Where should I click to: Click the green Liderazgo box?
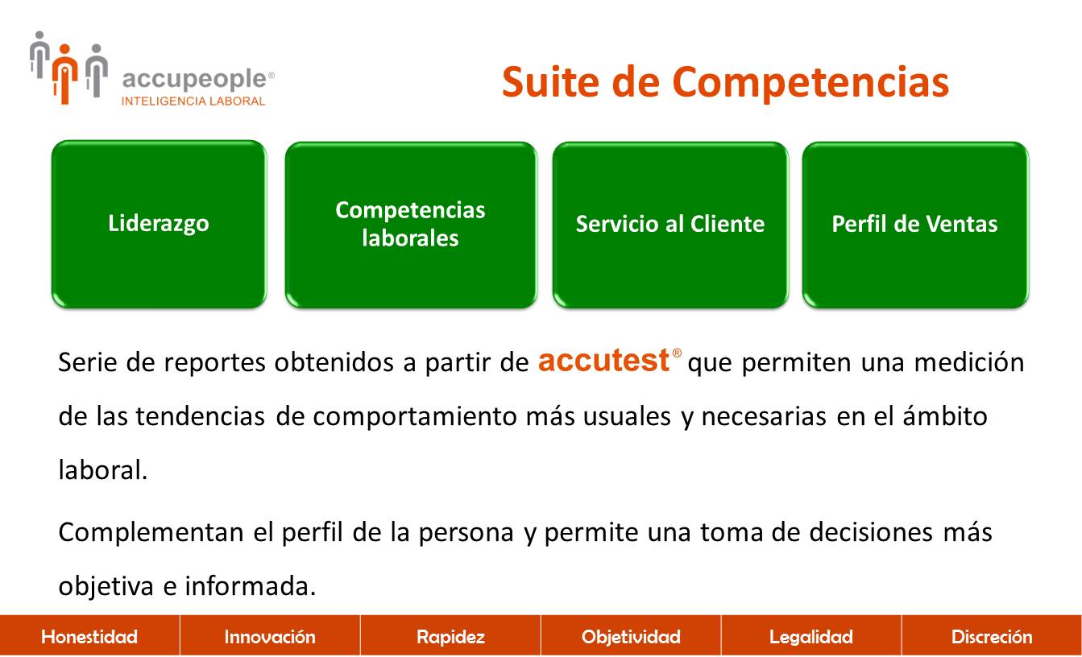click(x=159, y=224)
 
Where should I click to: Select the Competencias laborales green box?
click(x=411, y=225)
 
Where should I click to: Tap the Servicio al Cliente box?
click(x=670, y=225)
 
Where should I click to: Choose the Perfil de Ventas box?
click(x=915, y=225)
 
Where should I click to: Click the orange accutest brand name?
click(x=604, y=360)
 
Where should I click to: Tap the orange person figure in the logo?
click(x=65, y=74)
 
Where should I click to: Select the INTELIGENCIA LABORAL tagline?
click(x=193, y=101)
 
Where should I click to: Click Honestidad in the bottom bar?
click(x=89, y=637)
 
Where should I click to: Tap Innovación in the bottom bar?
click(x=270, y=637)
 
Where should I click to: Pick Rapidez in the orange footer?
click(x=450, y=637)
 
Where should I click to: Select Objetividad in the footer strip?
click(x=631, y=637)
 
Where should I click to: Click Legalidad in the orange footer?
click(x=811, y=637)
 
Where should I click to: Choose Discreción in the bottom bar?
click(x=992, y=637)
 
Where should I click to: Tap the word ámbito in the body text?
click(x=945, y=415)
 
